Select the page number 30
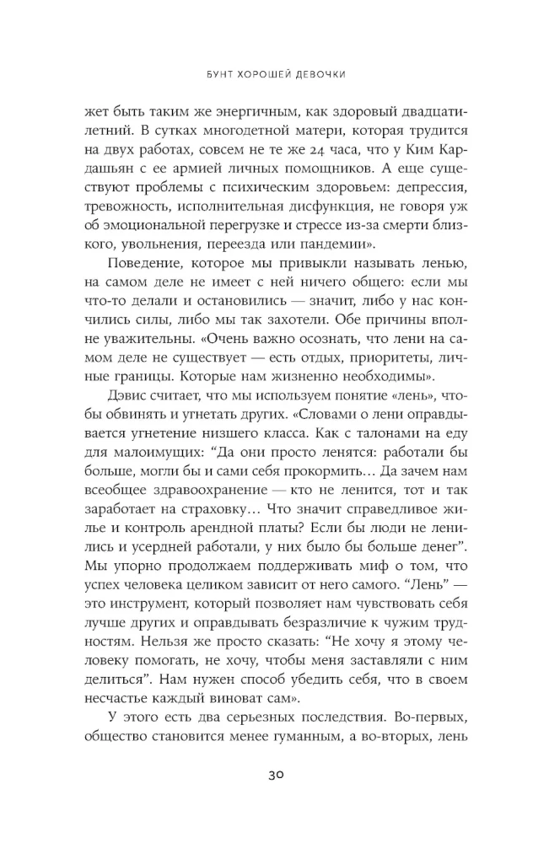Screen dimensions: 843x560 (x=279, y=776)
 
